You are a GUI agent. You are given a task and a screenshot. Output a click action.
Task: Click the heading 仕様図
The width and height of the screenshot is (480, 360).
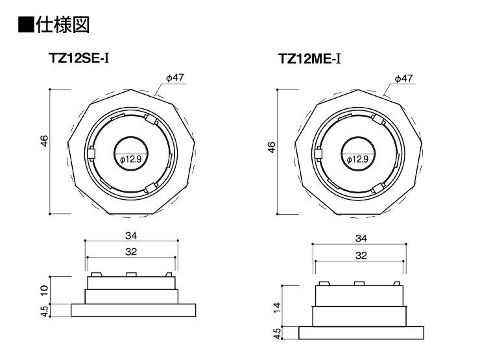(x=63, y=25)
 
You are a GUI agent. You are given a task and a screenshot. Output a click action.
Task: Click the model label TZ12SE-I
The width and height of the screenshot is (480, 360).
(x=78, y=58)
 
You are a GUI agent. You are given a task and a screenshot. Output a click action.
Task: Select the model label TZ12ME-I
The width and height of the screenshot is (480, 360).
(x=309, y=58)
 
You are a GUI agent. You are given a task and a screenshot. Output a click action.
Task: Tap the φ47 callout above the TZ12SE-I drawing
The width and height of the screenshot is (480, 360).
(x=175, y=78)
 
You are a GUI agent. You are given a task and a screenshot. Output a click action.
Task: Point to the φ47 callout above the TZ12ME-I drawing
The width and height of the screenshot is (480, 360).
(x=403, y=78)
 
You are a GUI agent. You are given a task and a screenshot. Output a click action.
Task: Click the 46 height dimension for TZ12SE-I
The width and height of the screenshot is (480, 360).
(x=44, y=141)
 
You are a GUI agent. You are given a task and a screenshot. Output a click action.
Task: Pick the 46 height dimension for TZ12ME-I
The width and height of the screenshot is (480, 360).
(x=272, y=147)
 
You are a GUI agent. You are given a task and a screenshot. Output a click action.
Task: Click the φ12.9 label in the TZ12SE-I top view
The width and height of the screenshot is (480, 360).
(x=131, y=159)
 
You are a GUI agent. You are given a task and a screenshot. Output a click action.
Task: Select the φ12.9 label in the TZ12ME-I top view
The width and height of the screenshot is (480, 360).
(x=357, y=159)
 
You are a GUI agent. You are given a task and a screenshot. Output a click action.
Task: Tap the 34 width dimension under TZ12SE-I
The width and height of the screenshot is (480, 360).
(x=131, y=235)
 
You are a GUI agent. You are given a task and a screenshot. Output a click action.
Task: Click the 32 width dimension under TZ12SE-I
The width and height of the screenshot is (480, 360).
(x=131, y=252)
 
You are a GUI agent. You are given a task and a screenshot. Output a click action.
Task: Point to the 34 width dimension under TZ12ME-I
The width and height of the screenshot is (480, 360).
(x=361, y=239)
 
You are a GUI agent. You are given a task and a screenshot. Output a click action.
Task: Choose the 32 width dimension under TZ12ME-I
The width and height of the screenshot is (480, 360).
(x=361, y=256)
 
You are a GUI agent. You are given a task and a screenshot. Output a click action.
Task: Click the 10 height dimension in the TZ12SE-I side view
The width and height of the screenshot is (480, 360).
(x=44, y=290)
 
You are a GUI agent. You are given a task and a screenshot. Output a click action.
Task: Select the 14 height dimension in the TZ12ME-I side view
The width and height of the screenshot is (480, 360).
(x=277, y=307)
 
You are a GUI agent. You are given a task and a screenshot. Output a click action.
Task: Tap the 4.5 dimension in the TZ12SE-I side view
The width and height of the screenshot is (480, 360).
(x=44, y=311)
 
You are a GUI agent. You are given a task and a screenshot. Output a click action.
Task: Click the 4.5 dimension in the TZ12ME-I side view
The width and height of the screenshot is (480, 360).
(x=277, y=333)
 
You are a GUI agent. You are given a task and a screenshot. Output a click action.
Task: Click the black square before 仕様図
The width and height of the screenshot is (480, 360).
(x=26, y=25)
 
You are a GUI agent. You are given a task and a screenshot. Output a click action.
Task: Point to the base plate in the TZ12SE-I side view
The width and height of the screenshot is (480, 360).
(x=134, y=310)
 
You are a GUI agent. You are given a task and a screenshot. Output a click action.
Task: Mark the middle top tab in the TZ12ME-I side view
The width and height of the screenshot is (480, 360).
(x=359, y=283)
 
